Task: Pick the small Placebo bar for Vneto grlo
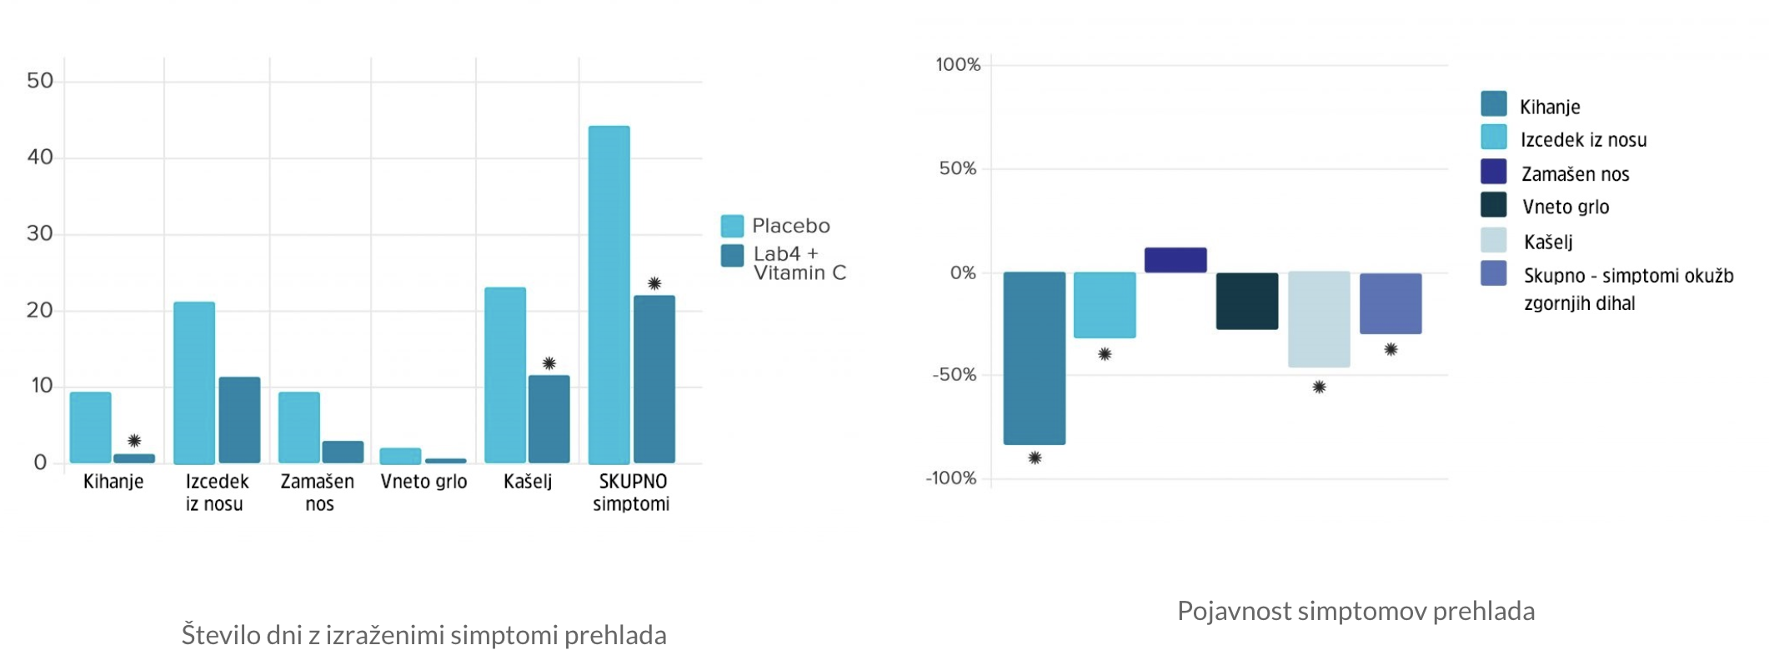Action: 400,456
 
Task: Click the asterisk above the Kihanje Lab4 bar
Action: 134,441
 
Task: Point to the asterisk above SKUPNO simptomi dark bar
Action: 654,283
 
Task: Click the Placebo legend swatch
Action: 732,226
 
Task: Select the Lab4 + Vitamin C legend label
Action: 799,263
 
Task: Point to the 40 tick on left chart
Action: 40,157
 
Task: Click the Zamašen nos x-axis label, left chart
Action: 318,492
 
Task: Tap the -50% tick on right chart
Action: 954,375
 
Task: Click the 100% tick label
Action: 958,65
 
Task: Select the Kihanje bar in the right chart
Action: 1034,357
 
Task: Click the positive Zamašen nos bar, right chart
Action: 1175,260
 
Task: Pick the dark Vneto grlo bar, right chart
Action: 1246,301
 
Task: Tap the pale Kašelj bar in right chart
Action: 1319,319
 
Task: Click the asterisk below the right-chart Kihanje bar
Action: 1035,457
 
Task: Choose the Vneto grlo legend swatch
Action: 1493,205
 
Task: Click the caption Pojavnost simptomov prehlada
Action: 1356,611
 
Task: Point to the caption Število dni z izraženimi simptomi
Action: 423,635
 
